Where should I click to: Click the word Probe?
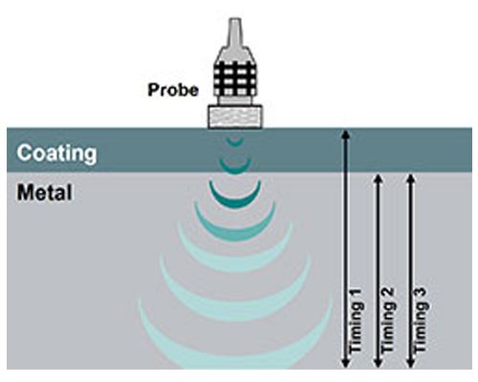173,90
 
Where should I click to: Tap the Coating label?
56,153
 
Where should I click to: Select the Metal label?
44,193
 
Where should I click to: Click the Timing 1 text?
356,321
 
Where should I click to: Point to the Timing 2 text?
388,321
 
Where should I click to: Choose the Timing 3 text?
421,321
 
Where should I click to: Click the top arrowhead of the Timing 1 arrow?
346,134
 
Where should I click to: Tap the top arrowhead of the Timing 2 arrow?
378,178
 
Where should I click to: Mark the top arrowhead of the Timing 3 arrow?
411,178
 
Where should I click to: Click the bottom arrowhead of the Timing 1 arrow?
346,363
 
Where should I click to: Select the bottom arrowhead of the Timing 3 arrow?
411,363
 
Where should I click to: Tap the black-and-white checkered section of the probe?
235,78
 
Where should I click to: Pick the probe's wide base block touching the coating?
235,117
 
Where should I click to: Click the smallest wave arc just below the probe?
235,141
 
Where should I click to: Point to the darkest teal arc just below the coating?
235,203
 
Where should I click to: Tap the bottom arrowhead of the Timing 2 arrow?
378,363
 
